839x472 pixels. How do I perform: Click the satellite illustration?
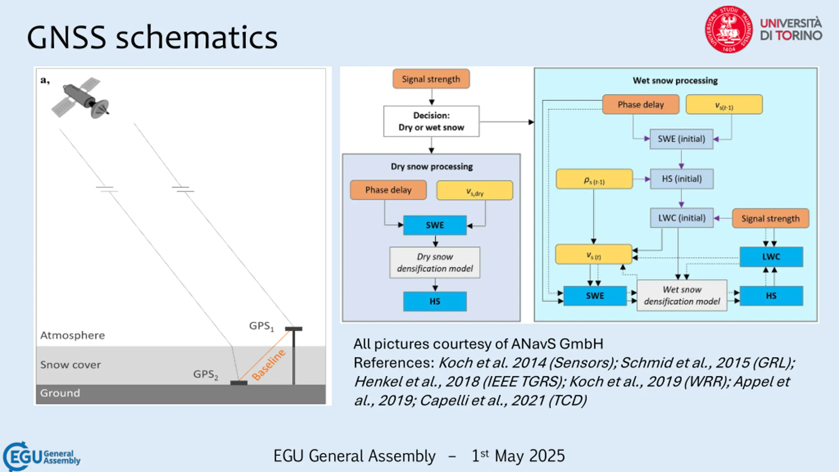tap(80, 98)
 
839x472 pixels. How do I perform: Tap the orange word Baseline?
tap(268, 365)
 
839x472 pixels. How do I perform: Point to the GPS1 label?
tap(261, 326)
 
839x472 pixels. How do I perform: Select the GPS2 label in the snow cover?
tap(205, 374)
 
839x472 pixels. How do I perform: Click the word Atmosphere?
tap(72, 335)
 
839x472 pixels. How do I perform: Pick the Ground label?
tap(60, 393)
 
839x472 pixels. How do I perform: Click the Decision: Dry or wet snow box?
tap(431, 121)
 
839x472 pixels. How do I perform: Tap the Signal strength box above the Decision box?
tap(431, 79)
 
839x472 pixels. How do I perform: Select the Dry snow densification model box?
tap(435, 263)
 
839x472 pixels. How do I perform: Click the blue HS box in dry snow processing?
tap(435, 301)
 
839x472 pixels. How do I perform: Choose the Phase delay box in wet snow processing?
tap(641, 105)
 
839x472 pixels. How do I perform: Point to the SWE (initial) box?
tap(681, 139)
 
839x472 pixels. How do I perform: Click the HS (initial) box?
tap(682, 179)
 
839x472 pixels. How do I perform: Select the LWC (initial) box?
tap(682, 218)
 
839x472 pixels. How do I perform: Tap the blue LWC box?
tap(771, 257)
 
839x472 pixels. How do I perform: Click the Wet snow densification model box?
tap(682, 295)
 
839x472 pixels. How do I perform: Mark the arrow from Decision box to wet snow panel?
tap(507, 122)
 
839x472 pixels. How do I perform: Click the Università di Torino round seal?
tap(729, 29)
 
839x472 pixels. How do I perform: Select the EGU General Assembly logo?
tap(42, 457)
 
